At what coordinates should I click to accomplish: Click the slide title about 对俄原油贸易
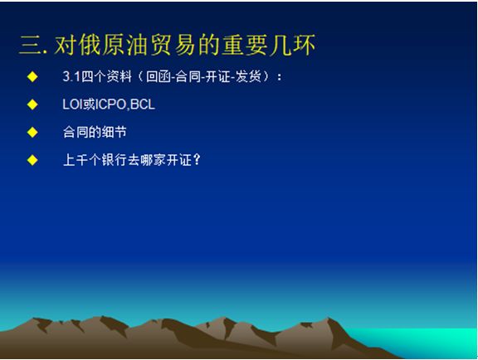point(167,45)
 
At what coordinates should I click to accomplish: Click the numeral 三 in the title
point(30,46)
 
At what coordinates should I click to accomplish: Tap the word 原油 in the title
point(125,45)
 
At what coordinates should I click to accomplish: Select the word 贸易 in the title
point(173,45)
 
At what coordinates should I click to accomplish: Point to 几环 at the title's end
point(292,45)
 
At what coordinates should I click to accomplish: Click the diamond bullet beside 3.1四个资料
point(32,76)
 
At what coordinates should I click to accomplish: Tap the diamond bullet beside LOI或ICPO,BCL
point(32,105)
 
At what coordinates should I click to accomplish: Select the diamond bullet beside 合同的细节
point(32,132)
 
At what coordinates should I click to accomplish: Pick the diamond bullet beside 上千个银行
point(32,160)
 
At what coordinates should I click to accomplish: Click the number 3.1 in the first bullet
point(71,76)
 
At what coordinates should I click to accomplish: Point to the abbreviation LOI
point(72,105)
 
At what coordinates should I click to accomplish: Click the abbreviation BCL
point(143,105)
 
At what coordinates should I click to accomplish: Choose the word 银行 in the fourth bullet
point(114,160)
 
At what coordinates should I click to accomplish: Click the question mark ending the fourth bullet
point(198,160)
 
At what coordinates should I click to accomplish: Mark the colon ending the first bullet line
point(279,77)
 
